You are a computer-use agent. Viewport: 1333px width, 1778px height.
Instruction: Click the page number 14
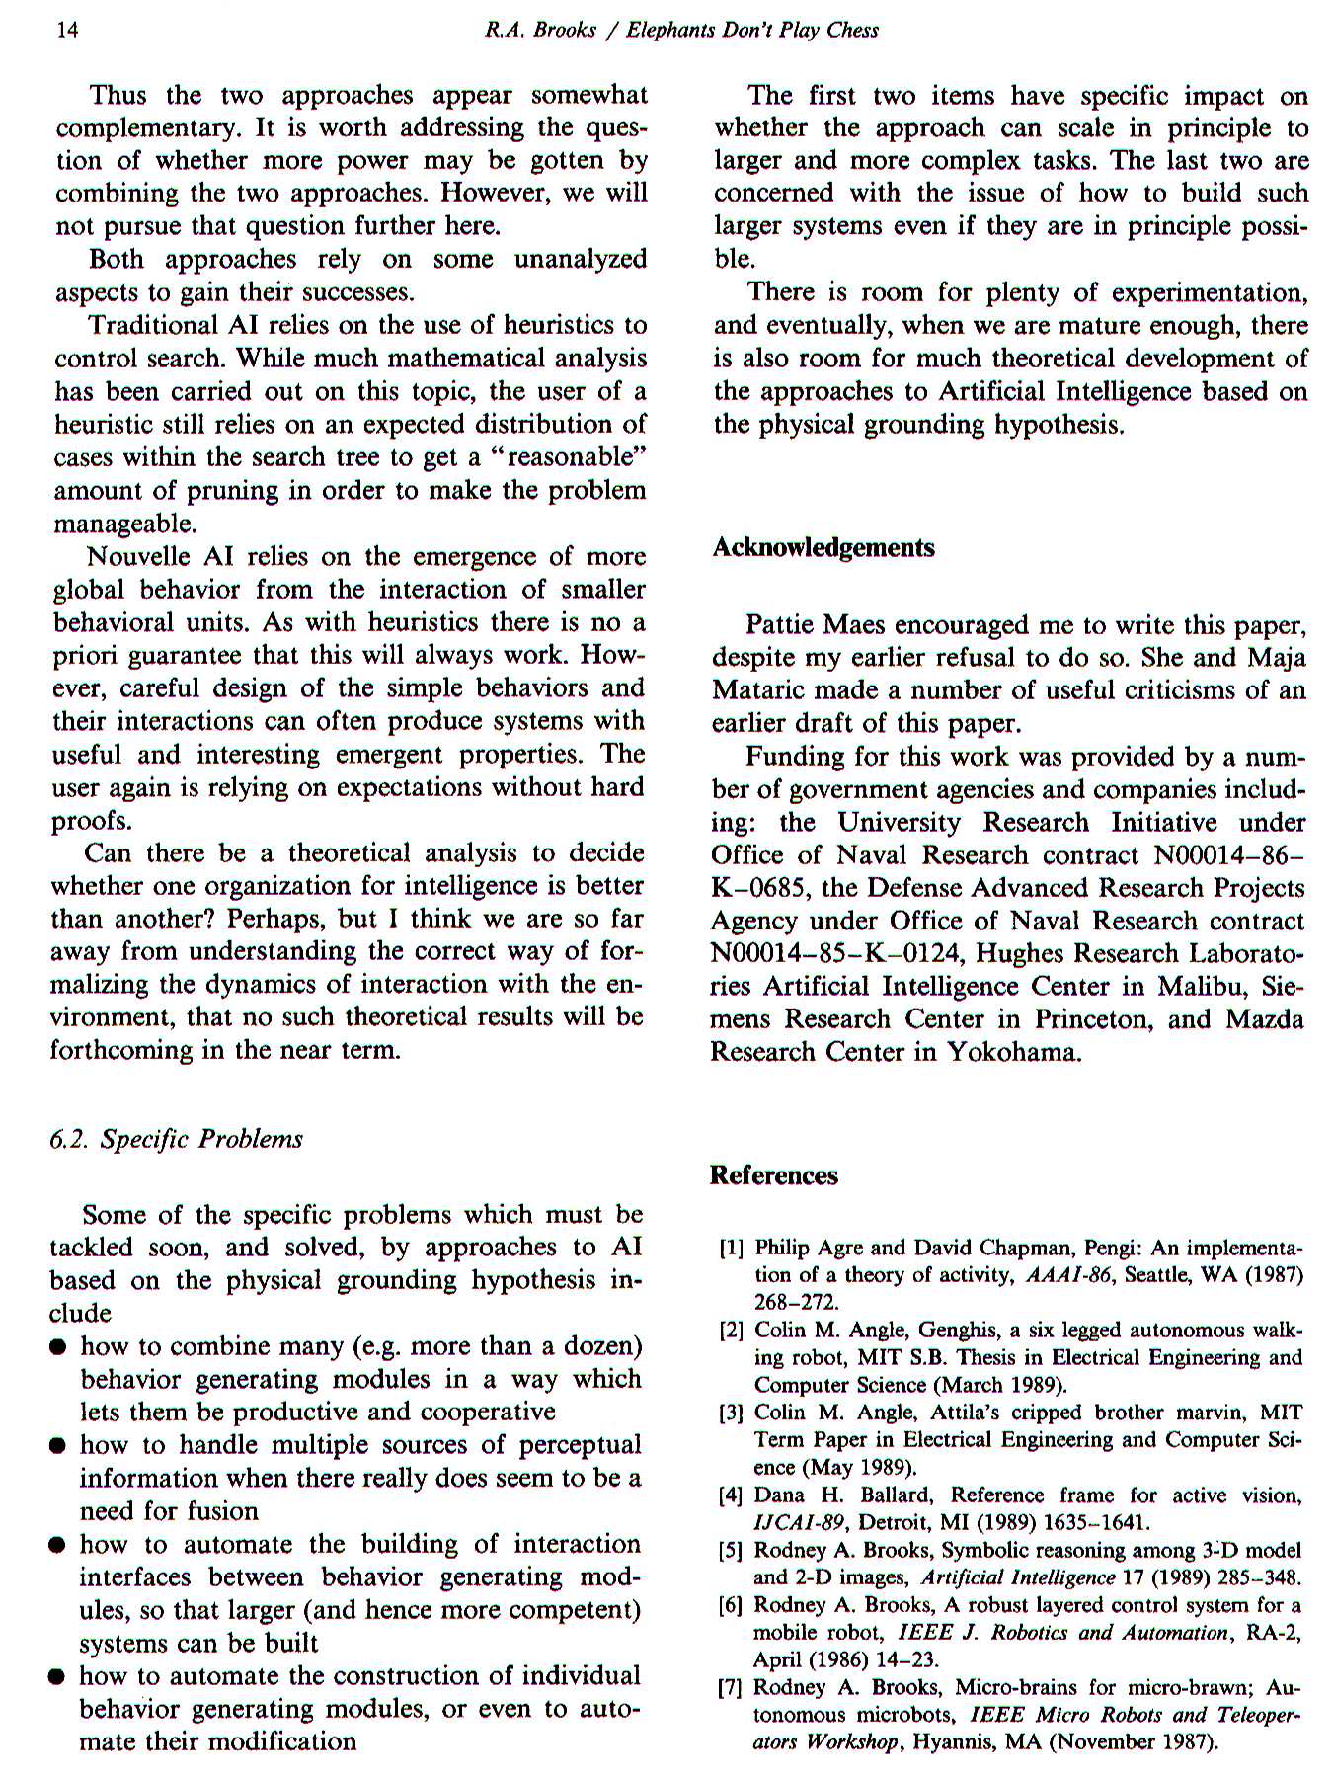pyautogui.click(x=67, y=30)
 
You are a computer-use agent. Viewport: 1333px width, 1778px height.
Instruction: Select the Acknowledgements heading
pyautogui.click(x=823, y=547)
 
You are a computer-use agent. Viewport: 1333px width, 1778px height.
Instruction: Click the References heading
pyautogui.click(x=774, y=1174)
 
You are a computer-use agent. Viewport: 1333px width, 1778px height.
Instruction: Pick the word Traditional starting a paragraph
pyautogui.click(x=154, y=325)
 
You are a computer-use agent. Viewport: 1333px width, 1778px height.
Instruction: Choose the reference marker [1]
pyautogui.click(x=731, y=1248)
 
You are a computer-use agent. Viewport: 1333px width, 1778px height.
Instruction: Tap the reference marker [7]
pyautogui.click(x=731, y=1687)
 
